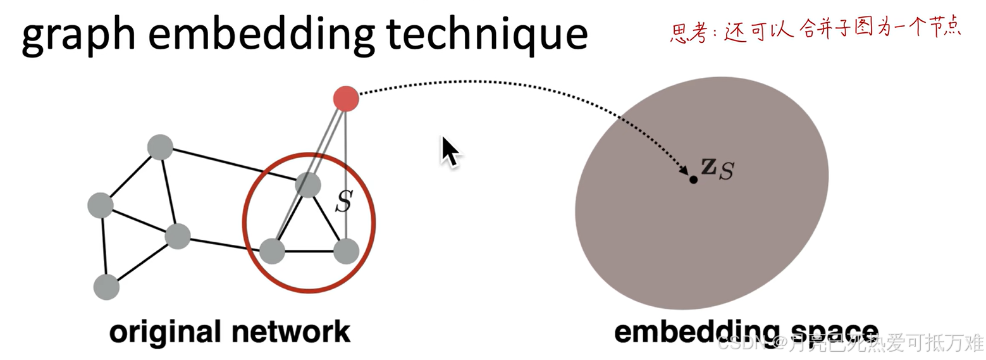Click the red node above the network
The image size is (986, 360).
(346, 99)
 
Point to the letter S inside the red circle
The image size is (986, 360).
(343, 202)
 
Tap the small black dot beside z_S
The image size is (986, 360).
(693, 180)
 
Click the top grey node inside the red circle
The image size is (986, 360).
(308, 184)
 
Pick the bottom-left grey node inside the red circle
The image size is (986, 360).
(273, 251)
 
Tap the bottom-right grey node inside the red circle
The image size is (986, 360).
(346, 251)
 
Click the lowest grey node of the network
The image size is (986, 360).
(106, 287)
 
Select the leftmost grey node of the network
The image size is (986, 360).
(100, 206)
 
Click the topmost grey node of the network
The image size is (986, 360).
(160, 147)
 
